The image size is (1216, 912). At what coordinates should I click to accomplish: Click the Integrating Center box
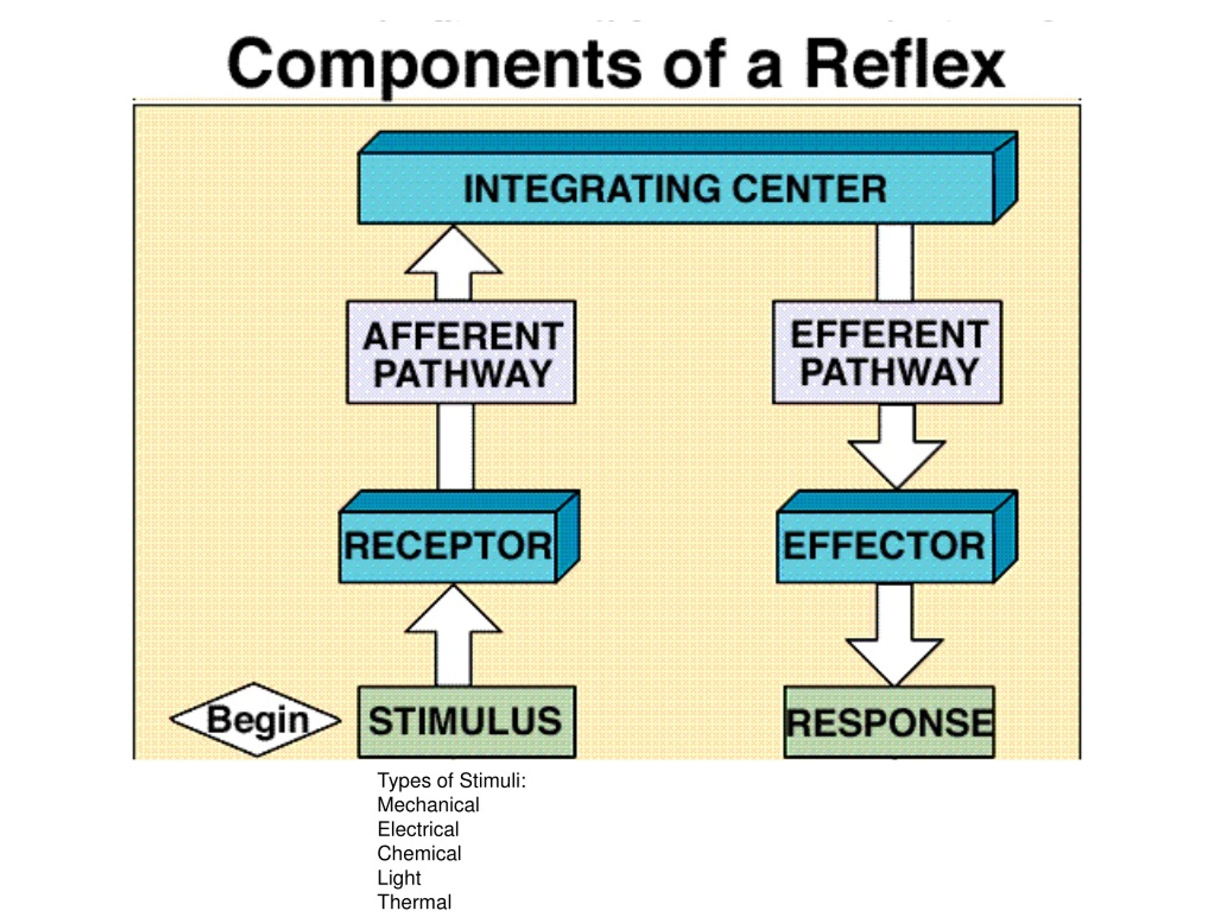[x=687, y=178]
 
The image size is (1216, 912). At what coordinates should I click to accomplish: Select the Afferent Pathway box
[x=461, y=352]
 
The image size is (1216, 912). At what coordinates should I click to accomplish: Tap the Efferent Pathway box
[x=887, y=352]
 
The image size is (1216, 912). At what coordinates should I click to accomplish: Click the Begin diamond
[x=255, y=720]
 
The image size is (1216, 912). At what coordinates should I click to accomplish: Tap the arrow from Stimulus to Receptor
[x=454, y=635]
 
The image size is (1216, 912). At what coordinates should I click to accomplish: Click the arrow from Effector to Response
[x=894, y=635]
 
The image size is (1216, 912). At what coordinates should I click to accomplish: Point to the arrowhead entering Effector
[x=896, y=465]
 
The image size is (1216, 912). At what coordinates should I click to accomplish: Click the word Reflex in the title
[x=905, y=64]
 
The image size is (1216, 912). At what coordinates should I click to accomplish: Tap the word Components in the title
[x=434, y=67]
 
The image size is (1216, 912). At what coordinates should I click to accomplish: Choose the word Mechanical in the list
[x=428, y=805]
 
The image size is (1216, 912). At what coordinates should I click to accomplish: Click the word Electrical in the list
[x=418, y=829]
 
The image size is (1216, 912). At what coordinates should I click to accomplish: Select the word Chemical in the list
[x=419, y=853]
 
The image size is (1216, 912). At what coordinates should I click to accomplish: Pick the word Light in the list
[x=399, y=878]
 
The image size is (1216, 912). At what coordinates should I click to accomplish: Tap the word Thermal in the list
[x=414, y=902]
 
